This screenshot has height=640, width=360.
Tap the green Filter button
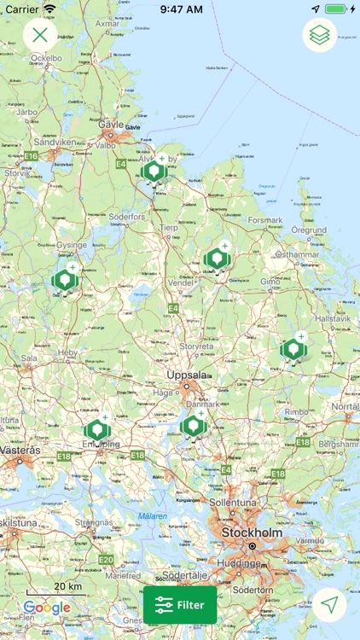[x=180, y=605]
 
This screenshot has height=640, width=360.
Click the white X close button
[x=40, y=35]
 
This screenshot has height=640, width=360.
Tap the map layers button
[x=320, y=35]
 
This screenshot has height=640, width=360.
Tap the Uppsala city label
[x=188, y=375]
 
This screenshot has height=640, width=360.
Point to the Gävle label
[x=112, y=124]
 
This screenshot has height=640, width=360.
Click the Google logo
[x=47, y=608]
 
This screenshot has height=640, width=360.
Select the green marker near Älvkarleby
[x=154, y=172]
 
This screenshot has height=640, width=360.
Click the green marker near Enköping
[x=96, y=431]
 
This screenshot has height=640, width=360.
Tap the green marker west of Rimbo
[x=293, y=349]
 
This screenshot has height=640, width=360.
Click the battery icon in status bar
[x=336, y=9]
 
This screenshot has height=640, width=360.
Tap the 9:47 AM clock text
[x=180, y=9]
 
